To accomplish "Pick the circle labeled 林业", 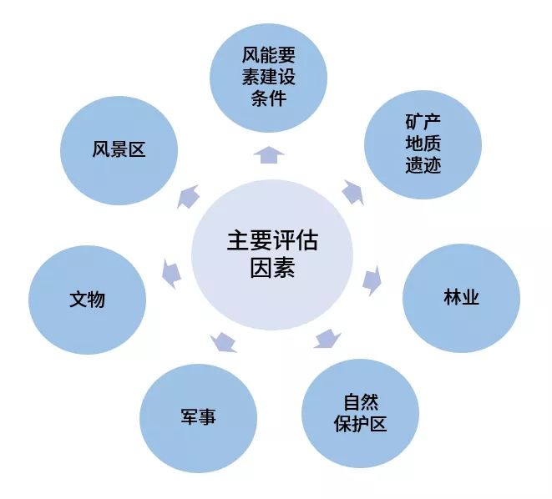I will (461, 298).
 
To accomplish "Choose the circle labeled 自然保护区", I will (360, 412).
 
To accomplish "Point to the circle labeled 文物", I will (87, 299).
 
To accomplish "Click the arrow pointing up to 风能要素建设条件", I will (269, 154).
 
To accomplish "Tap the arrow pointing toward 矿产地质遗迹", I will (352, 192).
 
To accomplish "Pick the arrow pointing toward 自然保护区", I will (328, 338).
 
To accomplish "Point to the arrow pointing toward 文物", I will (171, 273).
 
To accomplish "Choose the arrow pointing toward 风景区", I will (190, 196).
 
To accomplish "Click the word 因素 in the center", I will (272, 269).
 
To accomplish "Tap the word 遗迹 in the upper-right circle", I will (423, 164).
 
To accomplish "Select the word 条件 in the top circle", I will (268, 98).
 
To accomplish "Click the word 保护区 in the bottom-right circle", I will (360, 423).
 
